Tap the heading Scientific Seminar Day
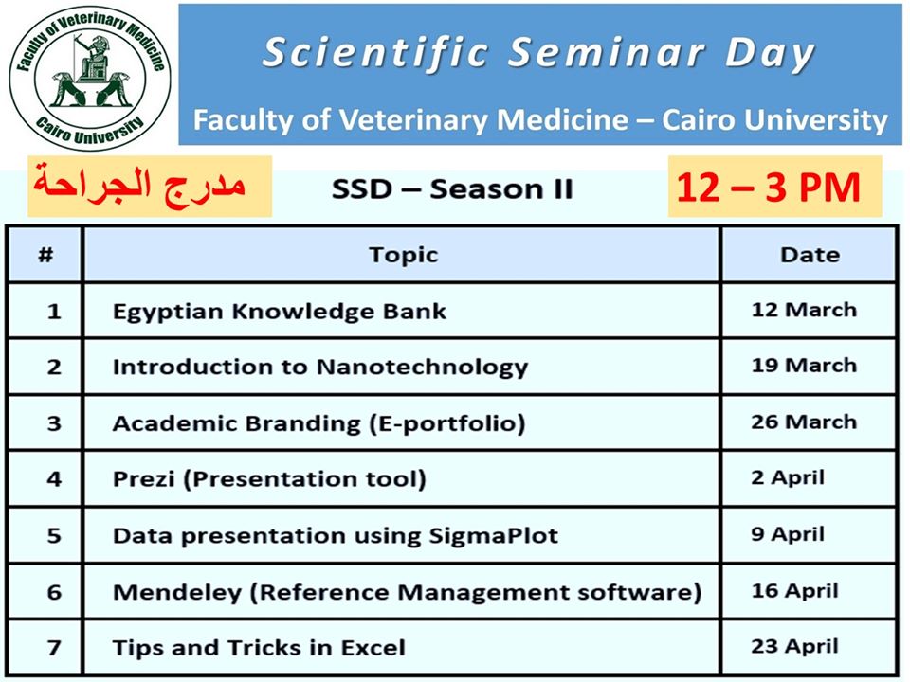coord(538,53)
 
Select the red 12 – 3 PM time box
coord(774,187)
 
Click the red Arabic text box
coord(149,187)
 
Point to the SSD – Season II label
coord(452,189)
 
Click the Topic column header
coord(404,255)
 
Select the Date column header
coord(810,255)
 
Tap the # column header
coord(45,255)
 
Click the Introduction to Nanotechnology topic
coord(320,368)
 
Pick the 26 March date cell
coord(804,422)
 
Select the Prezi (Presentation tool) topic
coord(269,479)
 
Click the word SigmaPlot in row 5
coord(493,536)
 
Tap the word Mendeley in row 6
coord(177,592)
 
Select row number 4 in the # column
coord(54,479)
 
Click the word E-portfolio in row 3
coord(447,423)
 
